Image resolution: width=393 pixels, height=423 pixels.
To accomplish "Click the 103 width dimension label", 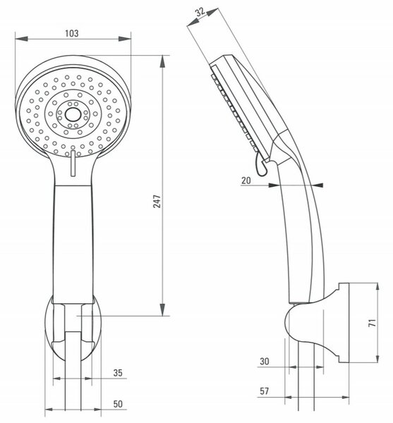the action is [72, 33].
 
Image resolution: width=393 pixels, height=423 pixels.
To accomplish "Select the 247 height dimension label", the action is [157, 201].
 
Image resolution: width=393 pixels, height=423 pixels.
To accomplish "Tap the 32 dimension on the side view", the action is [200, 12].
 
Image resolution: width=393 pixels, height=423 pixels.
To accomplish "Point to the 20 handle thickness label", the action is [246, 180].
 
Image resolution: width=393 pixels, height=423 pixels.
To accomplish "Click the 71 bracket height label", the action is [373, 323].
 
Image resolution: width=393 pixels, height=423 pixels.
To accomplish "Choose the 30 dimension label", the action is [265, 361].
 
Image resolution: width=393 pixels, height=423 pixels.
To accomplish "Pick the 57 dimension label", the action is [265, 391].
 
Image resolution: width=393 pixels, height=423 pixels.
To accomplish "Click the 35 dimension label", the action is [118, 373].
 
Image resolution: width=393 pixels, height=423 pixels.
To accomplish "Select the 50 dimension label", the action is [118, 404].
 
